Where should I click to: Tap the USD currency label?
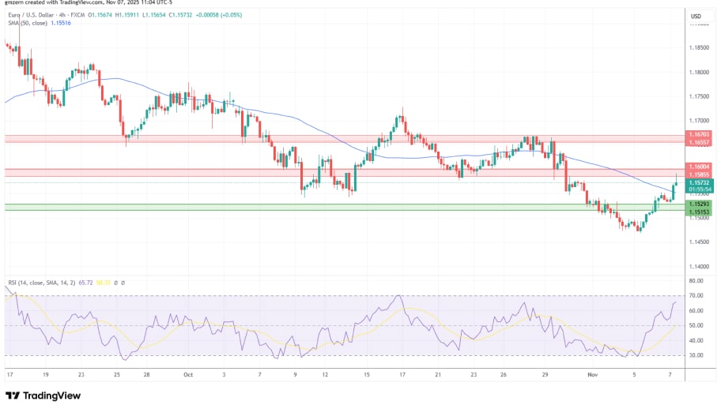[x=696, y=16]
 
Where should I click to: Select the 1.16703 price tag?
[x=700, y=135]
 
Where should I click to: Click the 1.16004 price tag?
[x=700, y=167]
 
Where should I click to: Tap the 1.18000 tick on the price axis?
[x=700, y=73]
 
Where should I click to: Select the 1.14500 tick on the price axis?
[x=700, y=242]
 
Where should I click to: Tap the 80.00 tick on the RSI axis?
[x=696, y=280]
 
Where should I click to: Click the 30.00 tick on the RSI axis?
[x=696, y=355]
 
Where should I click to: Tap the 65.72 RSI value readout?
[x=87, y=282]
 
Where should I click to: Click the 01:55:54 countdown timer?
[x=700, y=189]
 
